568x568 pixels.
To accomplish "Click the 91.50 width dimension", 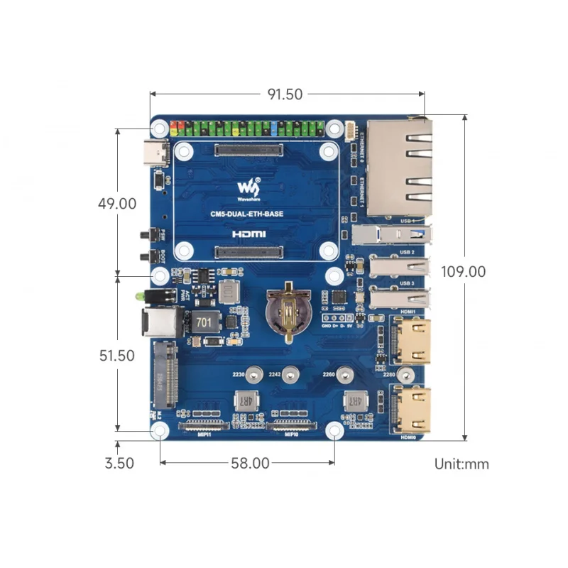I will [x=285, y=94].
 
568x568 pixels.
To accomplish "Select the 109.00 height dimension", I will [x=463, y=271].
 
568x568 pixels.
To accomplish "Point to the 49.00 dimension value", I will [x=117, y=203].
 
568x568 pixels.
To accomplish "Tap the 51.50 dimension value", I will [x=116, y=356].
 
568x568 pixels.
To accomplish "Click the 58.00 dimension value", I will [x=250, y=464].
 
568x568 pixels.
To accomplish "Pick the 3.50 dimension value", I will [x=119, y=464].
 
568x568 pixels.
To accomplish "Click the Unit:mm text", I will [x=461, y=464].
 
